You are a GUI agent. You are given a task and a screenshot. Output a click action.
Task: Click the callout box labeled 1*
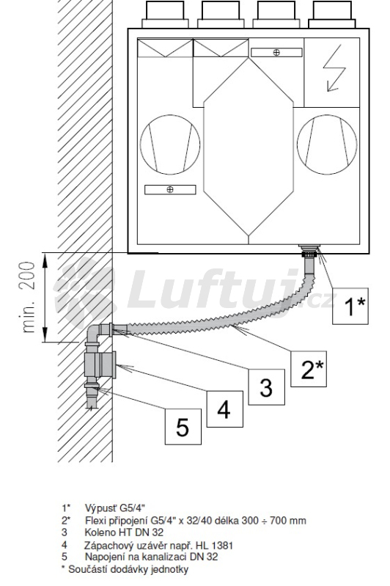tap(350, 306)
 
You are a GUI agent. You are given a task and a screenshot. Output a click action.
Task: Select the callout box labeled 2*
tap(309, 368)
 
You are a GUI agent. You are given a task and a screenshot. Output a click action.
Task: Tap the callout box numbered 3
tap(266, 387)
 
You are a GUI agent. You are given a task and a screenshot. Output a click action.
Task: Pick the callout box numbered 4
tap(224, 409)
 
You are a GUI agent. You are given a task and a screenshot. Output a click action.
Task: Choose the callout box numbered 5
tap(183, 427)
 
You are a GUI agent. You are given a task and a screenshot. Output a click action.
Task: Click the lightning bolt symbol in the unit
tap(334, 67)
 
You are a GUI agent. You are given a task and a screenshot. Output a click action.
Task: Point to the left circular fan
tap(170, 144)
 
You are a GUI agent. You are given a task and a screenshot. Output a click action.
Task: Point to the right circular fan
tap(327, 144)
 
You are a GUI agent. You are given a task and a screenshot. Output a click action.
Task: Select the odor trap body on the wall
tap(100, 365)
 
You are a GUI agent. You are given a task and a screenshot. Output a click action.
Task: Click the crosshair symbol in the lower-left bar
tap(170, 190)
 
